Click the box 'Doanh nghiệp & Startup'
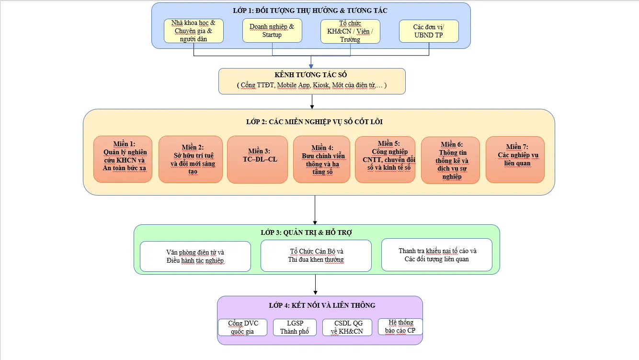pos(272,31)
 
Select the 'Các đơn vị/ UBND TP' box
pos(429,31)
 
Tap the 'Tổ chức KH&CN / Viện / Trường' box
pos(350,32)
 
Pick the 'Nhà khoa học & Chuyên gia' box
pos(194,31)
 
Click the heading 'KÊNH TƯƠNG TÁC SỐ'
pos(311,75)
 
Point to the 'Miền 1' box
pos(123,159)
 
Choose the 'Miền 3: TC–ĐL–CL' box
pos(257,160)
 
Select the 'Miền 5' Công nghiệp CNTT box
pos(385,160)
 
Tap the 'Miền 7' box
pos(515,160)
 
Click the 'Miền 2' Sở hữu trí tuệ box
pos(191,159)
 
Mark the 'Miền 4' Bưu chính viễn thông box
pos(321,159)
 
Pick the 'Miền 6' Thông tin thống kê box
pos(450,160)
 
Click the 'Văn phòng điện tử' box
pos(195,256)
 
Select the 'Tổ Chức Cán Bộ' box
pos(316,255)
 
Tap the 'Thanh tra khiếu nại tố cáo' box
pos(437,255)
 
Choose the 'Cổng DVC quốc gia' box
pos(242,327)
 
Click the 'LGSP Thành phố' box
pos(295,327)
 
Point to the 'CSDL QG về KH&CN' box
pos(347,327)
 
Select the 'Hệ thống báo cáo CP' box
pos(400,326)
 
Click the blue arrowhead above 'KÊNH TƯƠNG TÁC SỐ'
pos(311,67)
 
